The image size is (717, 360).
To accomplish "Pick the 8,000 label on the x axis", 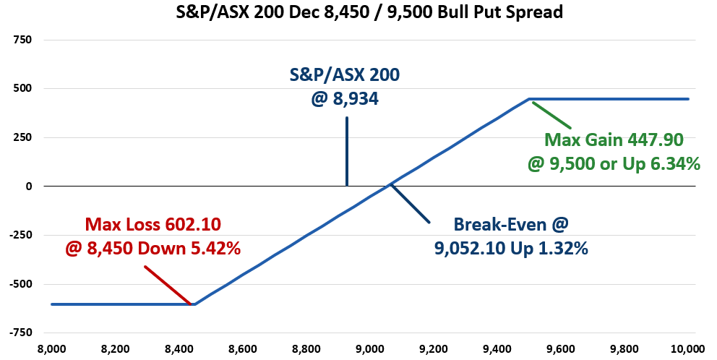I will [51, 348].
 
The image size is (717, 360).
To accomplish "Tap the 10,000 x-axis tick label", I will [687, 348].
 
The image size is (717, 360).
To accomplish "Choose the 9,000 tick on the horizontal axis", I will [369, 348].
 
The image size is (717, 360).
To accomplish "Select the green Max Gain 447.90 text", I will [614, 140].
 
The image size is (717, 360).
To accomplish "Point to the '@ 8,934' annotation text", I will [345, 97].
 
